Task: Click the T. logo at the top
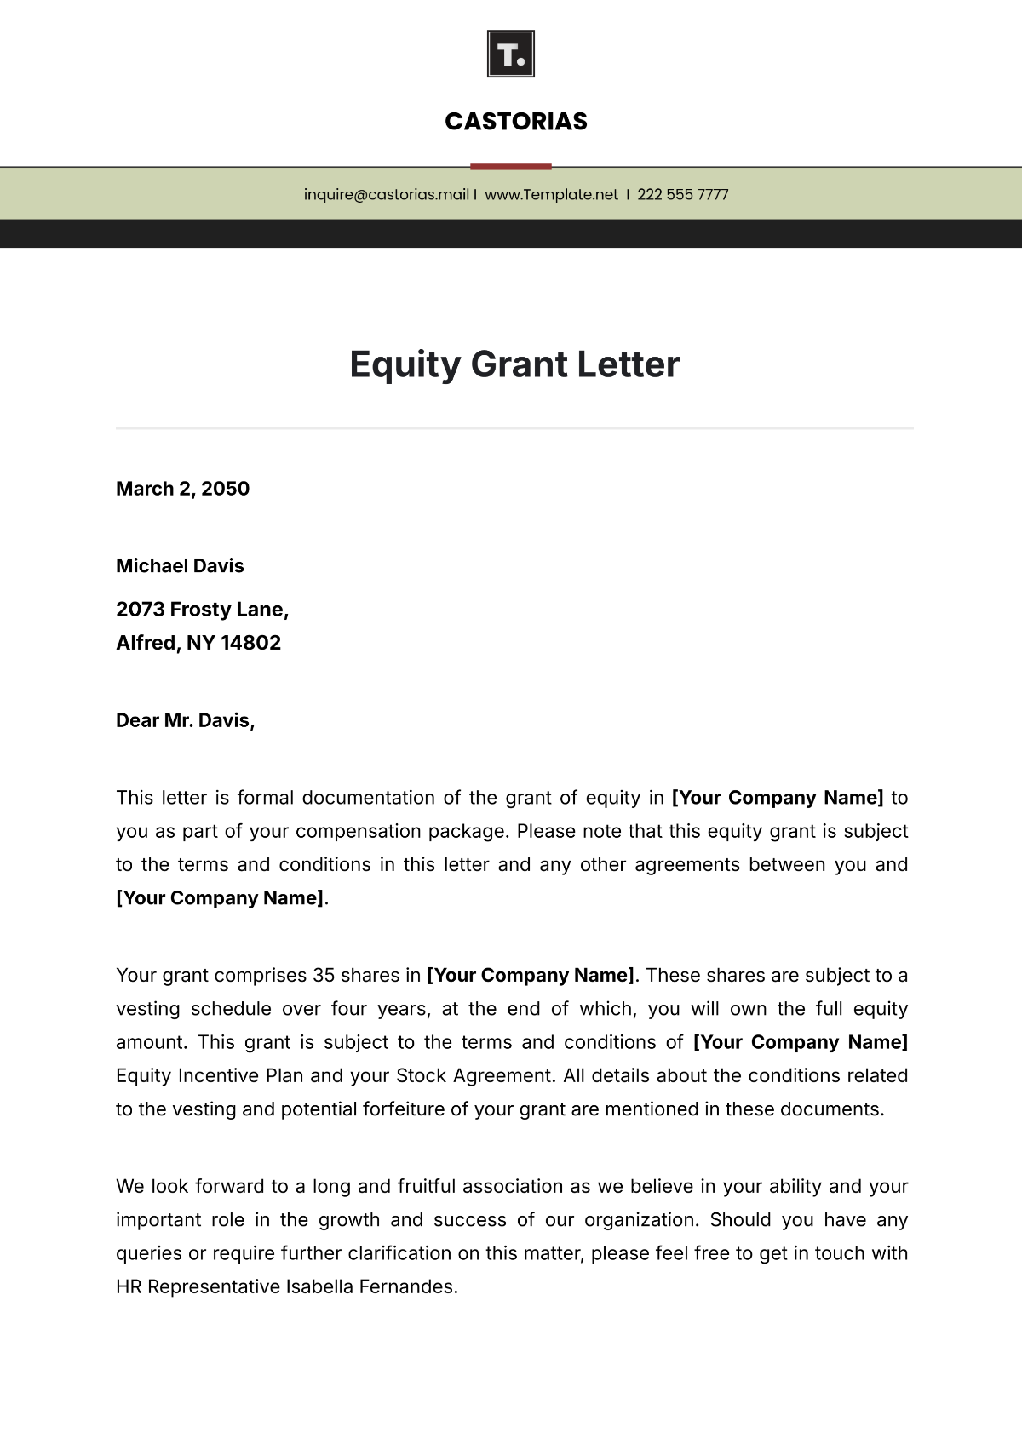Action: [x=510, y=54]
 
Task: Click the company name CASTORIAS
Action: [x=516, y=122]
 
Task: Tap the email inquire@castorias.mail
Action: [x=386, y=194]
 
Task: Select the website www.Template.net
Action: [x=551, y=194]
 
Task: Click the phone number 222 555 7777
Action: [x=682, y=194]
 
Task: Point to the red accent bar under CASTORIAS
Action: [x=510, y=167]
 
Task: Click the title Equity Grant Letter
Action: [x=514, y=364]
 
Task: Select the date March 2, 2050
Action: [x=182, y=489]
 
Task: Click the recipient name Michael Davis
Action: [x=180, y=566]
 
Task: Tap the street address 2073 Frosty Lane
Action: [x=202, y=610]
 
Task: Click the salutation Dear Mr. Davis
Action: [x=185, y=720]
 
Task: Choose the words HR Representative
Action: [x=198, y=1286]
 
